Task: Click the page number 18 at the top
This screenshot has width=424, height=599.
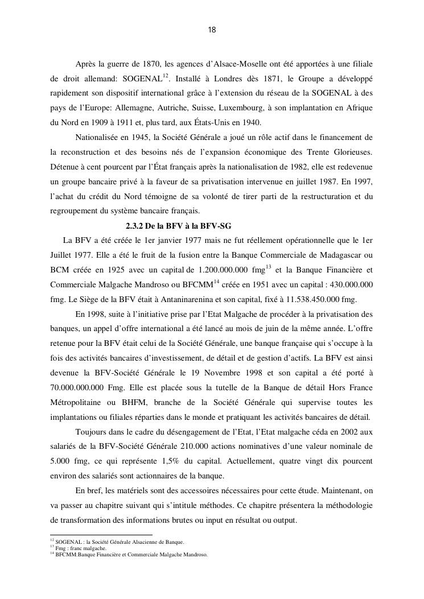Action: [212, 30]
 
